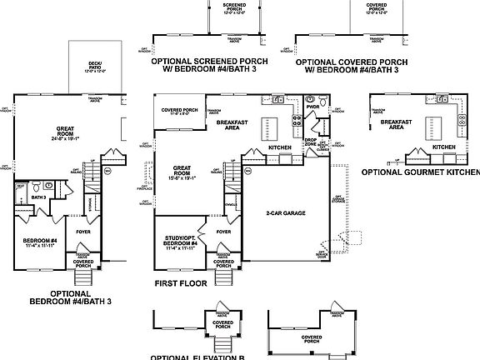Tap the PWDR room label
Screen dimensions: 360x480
313,107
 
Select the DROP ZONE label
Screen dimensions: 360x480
310,142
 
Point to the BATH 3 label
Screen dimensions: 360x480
37,197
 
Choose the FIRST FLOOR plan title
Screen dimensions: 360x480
180,283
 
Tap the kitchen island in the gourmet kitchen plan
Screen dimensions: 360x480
429,127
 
